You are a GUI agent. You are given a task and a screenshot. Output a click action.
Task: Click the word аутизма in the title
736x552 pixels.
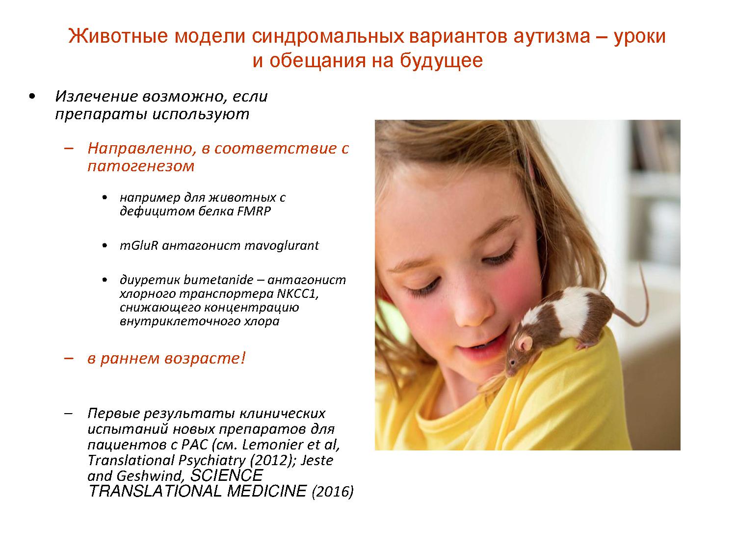pos(552,36)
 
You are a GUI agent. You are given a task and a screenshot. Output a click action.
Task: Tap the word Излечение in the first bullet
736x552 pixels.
pos(97,96)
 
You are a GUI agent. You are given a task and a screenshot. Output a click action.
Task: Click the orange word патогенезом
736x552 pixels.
pos(141,166)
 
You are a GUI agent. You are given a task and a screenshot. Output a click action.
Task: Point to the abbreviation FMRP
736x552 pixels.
pos(254,211)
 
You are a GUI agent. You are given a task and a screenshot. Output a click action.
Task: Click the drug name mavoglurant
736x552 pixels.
pos(282,246)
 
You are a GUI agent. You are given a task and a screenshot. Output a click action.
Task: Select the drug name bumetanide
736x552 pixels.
pos(219,280)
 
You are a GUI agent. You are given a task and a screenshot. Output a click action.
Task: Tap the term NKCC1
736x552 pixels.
pos(297,293)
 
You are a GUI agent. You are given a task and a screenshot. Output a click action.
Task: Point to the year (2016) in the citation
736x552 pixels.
pos(332,492)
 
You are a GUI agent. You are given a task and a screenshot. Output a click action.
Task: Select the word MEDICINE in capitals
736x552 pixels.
pos(267,491)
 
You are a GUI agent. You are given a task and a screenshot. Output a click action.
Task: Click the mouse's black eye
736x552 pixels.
pos(512,362)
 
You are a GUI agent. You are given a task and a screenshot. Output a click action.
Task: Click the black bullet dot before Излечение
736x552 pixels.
pos(32,97)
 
